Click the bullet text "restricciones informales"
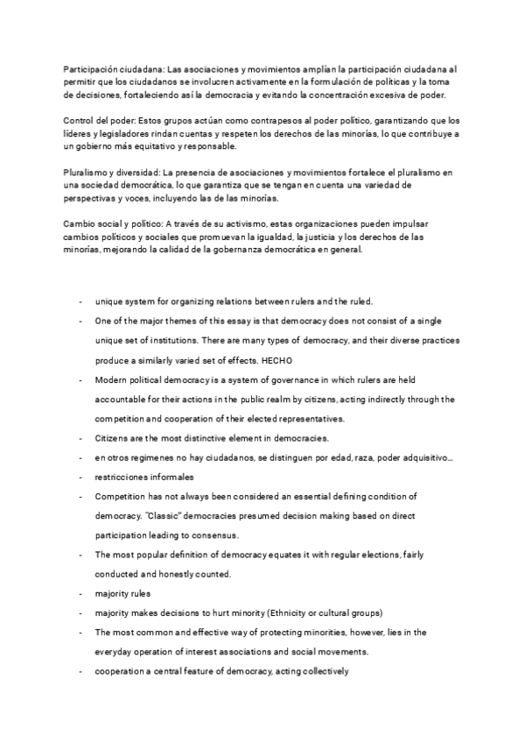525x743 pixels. pos(144,478)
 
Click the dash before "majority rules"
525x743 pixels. pos(80,593)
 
